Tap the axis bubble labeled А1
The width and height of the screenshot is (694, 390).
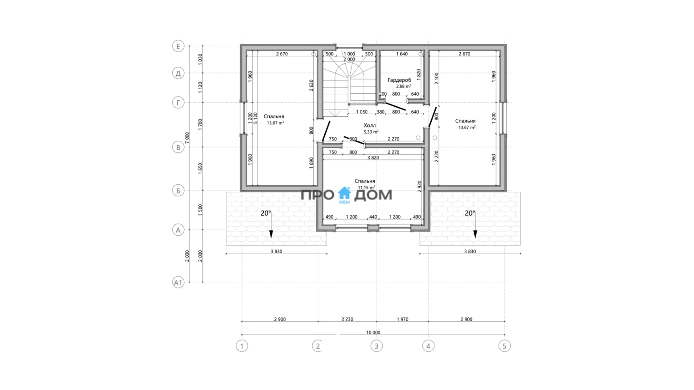(178, 283)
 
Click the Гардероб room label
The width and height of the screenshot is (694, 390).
(399, 80)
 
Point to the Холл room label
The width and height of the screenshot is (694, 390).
(370, 125)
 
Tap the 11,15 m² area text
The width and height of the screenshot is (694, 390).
(366, 188)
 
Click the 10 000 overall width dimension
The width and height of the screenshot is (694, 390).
(373, 332)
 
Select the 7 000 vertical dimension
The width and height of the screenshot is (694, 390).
(187, 138)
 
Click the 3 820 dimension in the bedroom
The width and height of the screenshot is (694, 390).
(373, 158)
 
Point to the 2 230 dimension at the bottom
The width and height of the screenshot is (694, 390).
(347, 319)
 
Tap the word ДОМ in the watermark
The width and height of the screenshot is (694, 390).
(373, 195)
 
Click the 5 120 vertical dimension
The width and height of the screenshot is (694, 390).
(255, 118)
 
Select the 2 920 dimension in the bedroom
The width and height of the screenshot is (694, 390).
(420, 186)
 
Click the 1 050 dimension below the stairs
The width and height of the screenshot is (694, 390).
(361, 112)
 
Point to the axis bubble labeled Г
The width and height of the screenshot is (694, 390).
(178, 103)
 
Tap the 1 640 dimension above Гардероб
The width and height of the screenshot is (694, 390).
(402, 54)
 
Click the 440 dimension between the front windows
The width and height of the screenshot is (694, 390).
(373, 217)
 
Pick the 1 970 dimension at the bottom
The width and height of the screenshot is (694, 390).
(403, 319)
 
